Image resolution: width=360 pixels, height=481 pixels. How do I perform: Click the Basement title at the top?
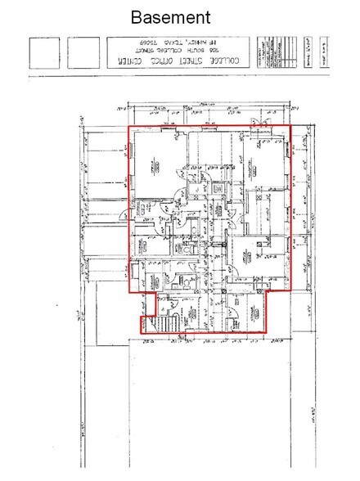coord(171,16)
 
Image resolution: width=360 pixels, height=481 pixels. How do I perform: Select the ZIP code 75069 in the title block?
coord(146,42)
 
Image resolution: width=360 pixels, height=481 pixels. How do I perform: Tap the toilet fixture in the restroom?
coord(187,282)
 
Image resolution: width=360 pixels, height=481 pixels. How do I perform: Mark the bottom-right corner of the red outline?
coord(270,332)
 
